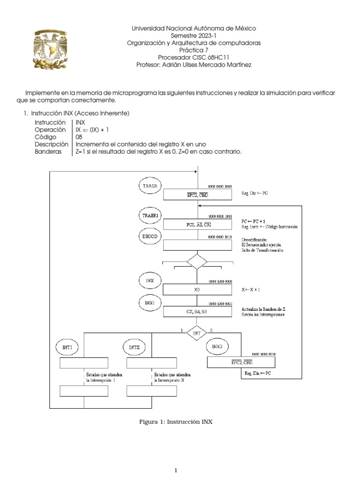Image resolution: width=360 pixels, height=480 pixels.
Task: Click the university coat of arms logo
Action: point(52,48)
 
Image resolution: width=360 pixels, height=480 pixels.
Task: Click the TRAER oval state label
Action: point(150,186)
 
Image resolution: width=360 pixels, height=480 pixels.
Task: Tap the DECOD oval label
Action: point(150,237)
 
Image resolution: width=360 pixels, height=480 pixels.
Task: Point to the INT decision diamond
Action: point(197,333)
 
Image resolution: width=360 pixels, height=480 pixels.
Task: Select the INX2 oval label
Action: point(217,346)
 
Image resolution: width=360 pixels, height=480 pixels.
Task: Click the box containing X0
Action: point(197,290)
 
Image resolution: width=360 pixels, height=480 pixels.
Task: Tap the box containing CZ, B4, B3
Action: point(197,311)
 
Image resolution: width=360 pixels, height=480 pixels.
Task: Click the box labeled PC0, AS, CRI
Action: point(197,225)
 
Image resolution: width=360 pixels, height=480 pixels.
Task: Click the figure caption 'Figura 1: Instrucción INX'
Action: point(176,422)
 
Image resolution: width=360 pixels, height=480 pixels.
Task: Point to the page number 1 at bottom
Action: point(175,471)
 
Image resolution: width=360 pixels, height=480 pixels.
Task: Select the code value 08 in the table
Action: point(79,137)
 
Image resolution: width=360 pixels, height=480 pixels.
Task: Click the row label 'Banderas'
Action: point(48,152)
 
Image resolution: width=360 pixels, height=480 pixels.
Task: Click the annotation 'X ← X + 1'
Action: point(251,290)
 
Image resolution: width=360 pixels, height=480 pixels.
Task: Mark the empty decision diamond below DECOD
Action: point(197,262)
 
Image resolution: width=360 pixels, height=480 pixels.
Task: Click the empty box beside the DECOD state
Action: point(197,245)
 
